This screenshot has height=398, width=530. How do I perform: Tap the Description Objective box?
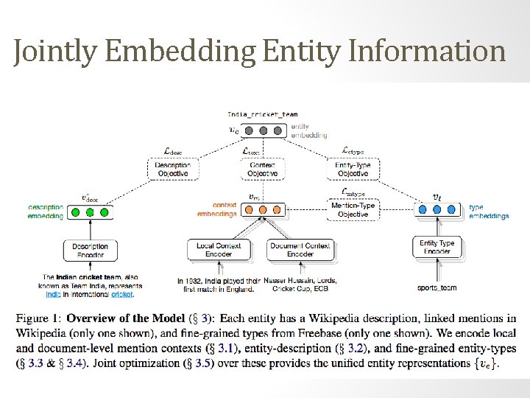tap(174, 170)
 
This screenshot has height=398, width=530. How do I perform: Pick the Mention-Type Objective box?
tap(353, 210)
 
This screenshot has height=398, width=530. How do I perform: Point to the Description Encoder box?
tap(90, 251)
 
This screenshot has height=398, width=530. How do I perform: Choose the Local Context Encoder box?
tap(218, 250)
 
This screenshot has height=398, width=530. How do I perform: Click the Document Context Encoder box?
tap(300, 250)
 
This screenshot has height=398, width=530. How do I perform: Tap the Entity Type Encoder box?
tap(437, 247)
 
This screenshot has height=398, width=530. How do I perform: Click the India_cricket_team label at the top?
tap(263, 114)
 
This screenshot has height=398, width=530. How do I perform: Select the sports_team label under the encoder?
tap(437, 287)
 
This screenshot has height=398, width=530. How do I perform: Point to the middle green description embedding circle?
tap(90, 212)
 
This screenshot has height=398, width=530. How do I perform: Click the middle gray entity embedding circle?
tap(264, 130)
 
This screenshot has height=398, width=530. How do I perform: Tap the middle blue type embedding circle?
tap(437, 209)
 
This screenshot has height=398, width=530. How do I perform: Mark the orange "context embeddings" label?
tap(217, 209)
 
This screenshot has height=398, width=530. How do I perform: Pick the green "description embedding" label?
tap(46, 212)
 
